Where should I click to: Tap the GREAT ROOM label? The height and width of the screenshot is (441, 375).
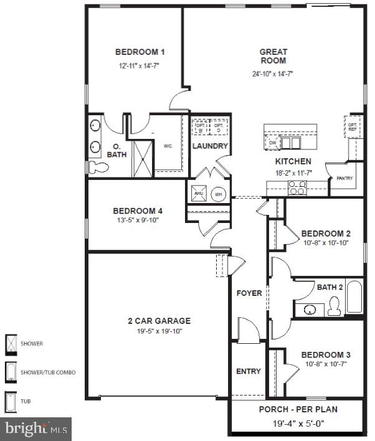pos(273,56)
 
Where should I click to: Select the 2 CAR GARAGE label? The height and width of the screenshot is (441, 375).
pos(159,321)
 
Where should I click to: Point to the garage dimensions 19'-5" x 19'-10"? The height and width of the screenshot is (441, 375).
pos(159,332)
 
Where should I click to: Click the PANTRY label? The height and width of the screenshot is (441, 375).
pos(344,179)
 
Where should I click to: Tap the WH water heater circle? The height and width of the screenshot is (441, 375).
pos(218,194)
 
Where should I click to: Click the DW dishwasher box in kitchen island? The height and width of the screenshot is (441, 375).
pos(272,143)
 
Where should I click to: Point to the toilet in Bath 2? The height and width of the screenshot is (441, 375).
pos(335,306)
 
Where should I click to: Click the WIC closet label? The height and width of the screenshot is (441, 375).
pos(168,146)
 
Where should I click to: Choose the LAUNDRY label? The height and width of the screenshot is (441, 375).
pos(210,146)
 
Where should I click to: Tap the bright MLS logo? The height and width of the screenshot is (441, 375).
pos(36,429)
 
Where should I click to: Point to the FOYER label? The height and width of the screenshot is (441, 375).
pos(249,293)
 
